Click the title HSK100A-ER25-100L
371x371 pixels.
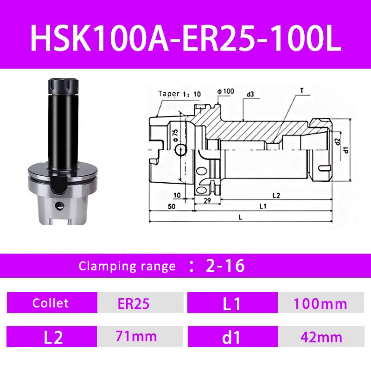pos(185,35)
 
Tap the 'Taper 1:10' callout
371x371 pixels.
pos(180,93)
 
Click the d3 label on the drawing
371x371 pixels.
pos(250,94)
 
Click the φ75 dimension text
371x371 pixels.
pos(175,134)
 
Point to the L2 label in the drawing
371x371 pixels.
pos(276,195)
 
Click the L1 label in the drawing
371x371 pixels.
pos(262,205)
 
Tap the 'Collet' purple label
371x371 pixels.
pos(51,303)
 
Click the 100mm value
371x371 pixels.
pos(320,304)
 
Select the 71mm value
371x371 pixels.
pos(138,336)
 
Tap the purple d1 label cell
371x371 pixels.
pos(231,337)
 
